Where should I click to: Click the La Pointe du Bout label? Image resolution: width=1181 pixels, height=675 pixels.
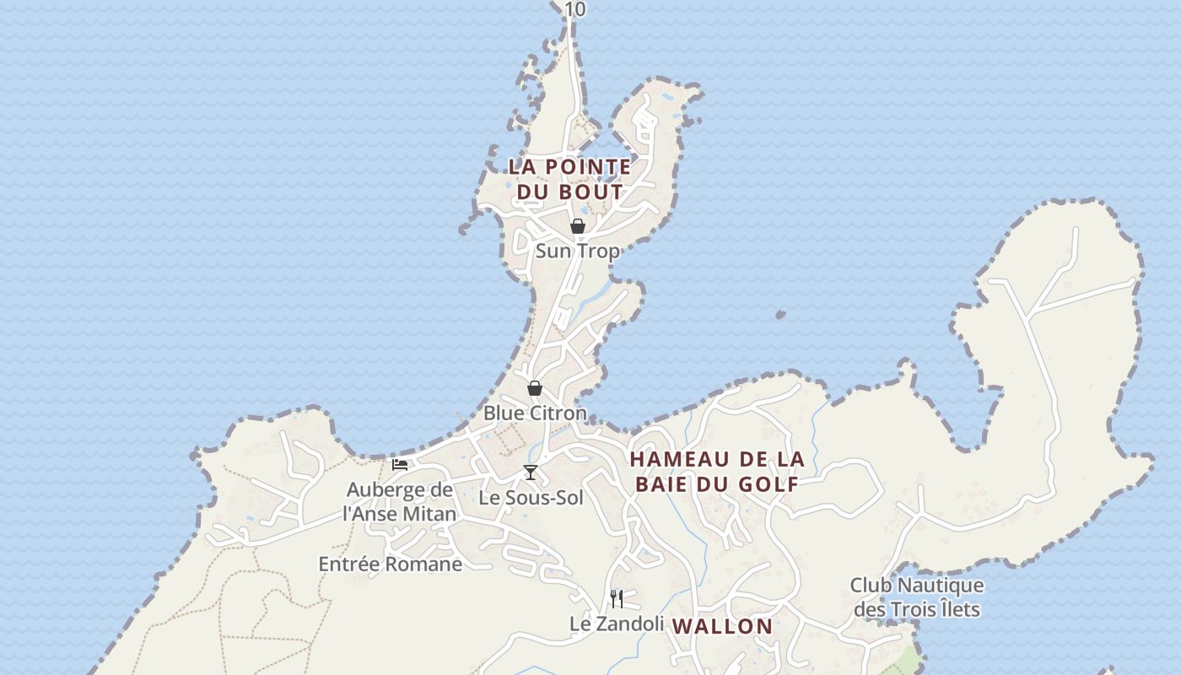click(569, 179)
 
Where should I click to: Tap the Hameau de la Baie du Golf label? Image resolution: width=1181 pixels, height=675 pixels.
click(717, 472)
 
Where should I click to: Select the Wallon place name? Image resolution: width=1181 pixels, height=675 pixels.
click(724, 626)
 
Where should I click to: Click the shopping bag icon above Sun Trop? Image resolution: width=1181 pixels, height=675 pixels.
click(578, 226)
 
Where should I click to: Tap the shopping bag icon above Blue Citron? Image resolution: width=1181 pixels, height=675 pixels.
click(535, 388)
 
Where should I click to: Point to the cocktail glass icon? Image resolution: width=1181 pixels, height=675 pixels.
click(531, 472)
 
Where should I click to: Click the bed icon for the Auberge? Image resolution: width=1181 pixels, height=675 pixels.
click(400, 464)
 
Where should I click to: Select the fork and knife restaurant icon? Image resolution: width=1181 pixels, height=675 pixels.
click(617, 599)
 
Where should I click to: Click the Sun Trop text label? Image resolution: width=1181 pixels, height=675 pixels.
click(577, 251)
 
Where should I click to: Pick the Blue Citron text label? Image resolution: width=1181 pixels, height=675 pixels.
click(535, 413)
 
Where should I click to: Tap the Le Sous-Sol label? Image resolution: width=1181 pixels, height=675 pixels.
click(531, 498)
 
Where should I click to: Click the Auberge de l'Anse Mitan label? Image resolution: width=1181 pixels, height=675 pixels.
click(401, 501)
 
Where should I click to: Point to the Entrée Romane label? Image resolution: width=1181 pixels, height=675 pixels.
click(390, 564)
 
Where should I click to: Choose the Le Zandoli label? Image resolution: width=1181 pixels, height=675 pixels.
click(617, 624)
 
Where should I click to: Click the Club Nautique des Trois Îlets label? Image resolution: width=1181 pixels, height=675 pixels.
click(916, 597)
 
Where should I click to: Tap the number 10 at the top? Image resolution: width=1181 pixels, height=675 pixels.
click(575, 9)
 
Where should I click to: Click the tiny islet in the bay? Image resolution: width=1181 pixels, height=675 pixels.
click(780, 315)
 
